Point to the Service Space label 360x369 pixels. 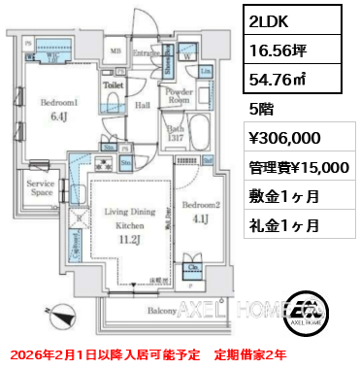[x=42, y=187]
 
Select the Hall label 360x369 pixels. [x=142, y=104]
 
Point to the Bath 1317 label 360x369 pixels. [x=175, y=132]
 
